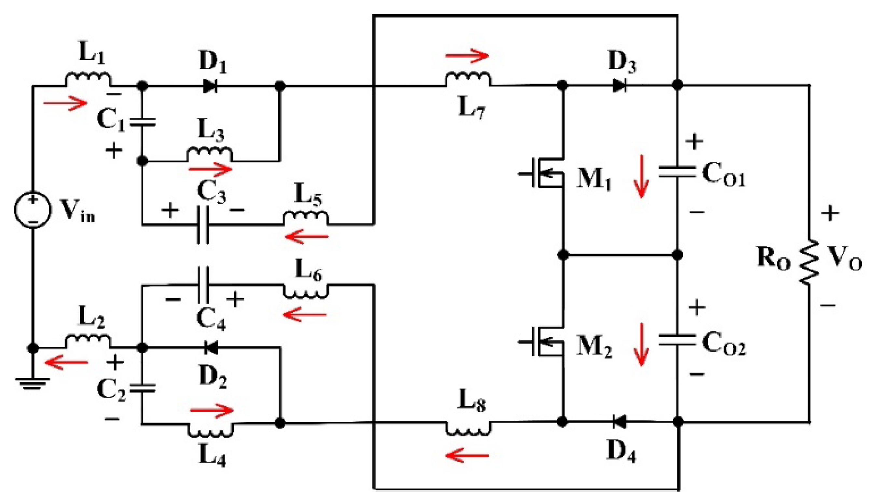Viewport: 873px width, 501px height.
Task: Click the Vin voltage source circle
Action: (33, 210)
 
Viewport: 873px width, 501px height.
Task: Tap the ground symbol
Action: (33, 383)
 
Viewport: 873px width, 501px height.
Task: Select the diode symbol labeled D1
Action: (210, 86)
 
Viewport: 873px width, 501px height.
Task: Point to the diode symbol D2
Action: (211, 348)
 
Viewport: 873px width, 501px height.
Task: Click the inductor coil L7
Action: (468, 79)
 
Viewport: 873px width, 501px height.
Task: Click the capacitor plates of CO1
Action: (677, 171)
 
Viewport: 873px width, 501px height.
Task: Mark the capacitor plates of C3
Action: (202, 225)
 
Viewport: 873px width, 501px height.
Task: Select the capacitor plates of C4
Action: (202, 285)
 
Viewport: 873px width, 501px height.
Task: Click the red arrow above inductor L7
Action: (467, 55)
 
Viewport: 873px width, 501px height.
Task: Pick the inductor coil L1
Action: (88, 79)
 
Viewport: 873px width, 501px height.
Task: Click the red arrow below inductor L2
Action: (66, 362)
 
